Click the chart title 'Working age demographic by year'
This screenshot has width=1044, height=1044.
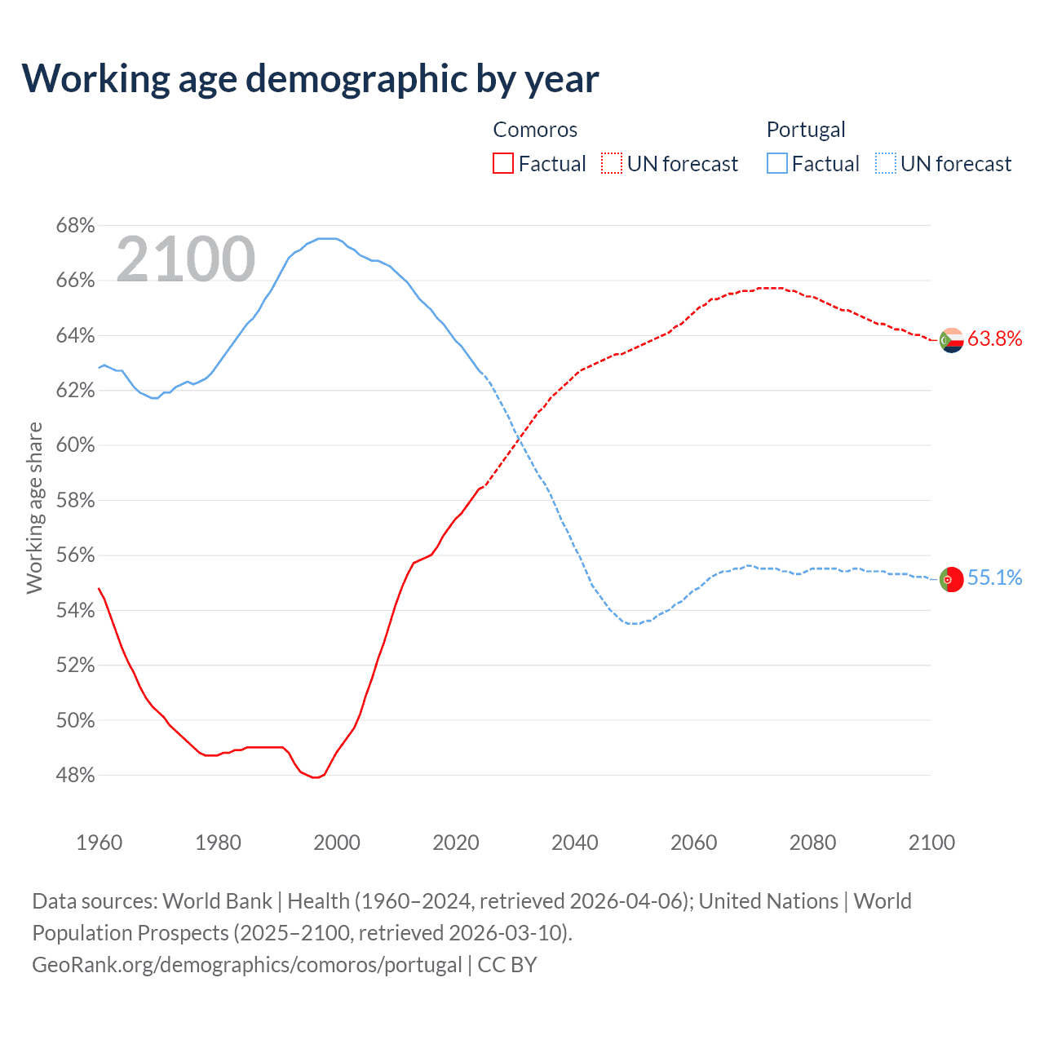[310, 79]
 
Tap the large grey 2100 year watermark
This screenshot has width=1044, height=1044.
[186, 259]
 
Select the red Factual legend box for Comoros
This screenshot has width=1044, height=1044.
[503, 164]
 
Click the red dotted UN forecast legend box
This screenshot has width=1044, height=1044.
[612, 164]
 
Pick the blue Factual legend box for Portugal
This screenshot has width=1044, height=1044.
[776, 164]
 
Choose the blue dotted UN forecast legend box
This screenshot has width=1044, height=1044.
[885, 164]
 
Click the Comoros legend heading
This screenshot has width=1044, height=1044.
[535, 130]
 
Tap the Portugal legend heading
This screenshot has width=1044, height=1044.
[806, 130]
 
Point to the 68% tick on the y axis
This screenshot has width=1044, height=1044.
[75, 225]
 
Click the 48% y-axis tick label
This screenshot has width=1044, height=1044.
[75, 776]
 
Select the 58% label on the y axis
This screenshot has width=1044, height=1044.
[75, 500]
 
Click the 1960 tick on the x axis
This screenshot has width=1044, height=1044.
[100, 843]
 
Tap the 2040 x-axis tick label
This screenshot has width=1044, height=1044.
[575, 843]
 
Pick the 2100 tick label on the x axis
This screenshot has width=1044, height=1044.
[931, 843]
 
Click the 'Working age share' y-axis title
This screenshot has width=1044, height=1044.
[34, 507]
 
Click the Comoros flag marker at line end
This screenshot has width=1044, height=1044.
[952, 339]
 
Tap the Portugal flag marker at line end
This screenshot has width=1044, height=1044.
[952, 579]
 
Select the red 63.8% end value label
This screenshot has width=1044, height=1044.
[995, 338]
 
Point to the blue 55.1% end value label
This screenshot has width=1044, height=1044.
[995, 578]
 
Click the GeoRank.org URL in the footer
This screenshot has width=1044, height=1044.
[247, 964]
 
